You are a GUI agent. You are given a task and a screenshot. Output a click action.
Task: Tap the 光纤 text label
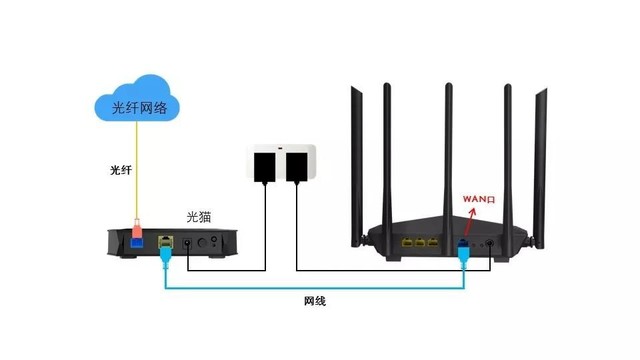pyautogui.click(x=121, y=171)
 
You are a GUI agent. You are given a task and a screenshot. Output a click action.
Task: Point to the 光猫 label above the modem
pyautogui.click(x=200, y=217)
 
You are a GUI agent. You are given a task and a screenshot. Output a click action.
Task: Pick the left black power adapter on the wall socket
pyautogui.click(x=266, y=166)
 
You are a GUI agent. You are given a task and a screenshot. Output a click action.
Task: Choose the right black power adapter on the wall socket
pyautogui.click(x=297, y=166)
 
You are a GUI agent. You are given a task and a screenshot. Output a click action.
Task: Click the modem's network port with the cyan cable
pyautogui.click(x=165, y=242)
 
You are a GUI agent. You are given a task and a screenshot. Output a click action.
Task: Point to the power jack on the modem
pyautogui.click(x=187, y=243)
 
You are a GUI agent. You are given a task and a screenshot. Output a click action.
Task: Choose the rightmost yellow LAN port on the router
pyautogui.click(x=437, y=243)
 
